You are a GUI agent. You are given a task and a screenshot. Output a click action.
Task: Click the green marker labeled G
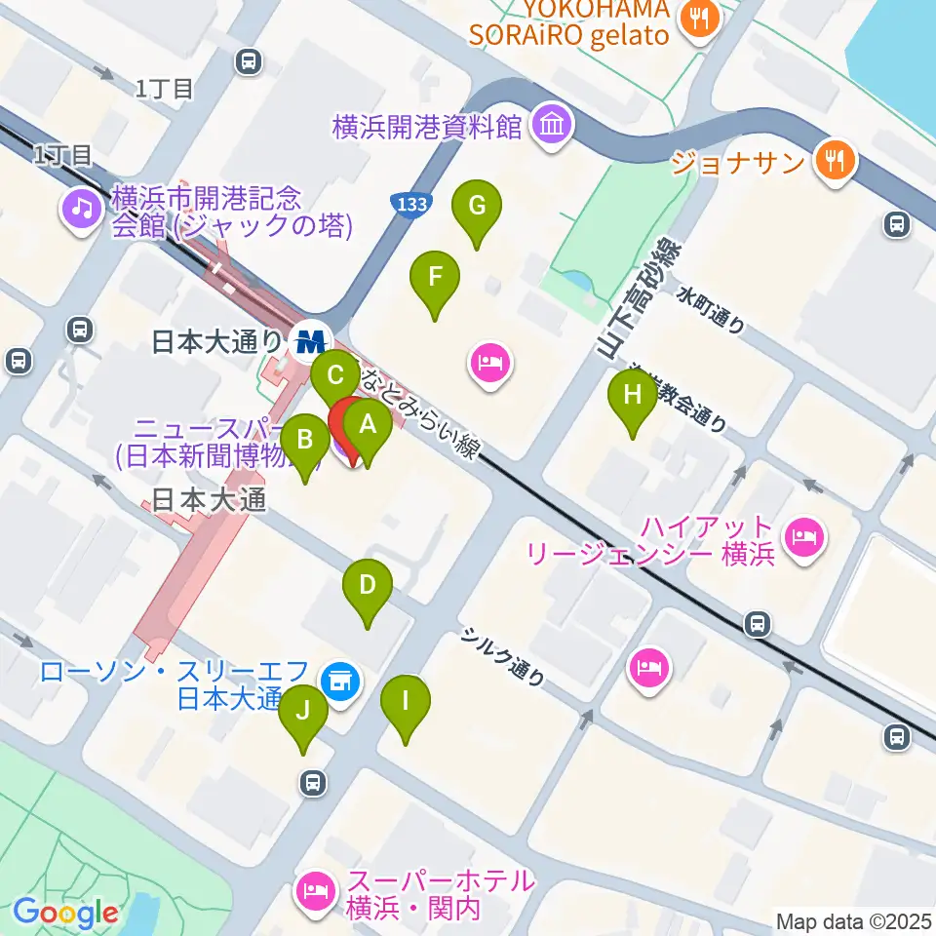pos(477,207)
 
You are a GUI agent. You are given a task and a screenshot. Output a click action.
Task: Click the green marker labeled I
pos(406,701)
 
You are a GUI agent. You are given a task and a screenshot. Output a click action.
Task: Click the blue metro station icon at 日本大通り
pos(312,340)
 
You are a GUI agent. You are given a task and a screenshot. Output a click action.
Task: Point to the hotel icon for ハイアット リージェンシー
pos(804,534)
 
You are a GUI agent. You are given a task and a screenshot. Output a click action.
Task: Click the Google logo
pos(66,914)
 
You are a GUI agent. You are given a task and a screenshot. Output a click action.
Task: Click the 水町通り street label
pos(714,310)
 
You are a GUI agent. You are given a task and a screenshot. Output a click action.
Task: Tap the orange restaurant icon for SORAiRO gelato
pos(700,17)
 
